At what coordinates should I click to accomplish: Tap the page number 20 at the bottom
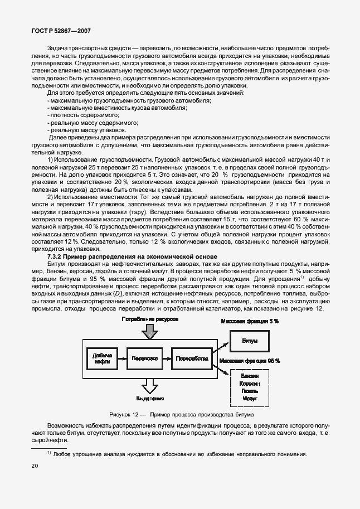tap(35, 466)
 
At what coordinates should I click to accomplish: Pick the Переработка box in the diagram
tap(192, 358)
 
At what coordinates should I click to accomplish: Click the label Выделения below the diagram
tap(149, 399)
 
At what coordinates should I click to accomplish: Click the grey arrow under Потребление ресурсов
tap(149, 332)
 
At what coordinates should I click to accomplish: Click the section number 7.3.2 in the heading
tap(57, 255)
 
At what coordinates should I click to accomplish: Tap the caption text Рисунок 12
tap(124, 415)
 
